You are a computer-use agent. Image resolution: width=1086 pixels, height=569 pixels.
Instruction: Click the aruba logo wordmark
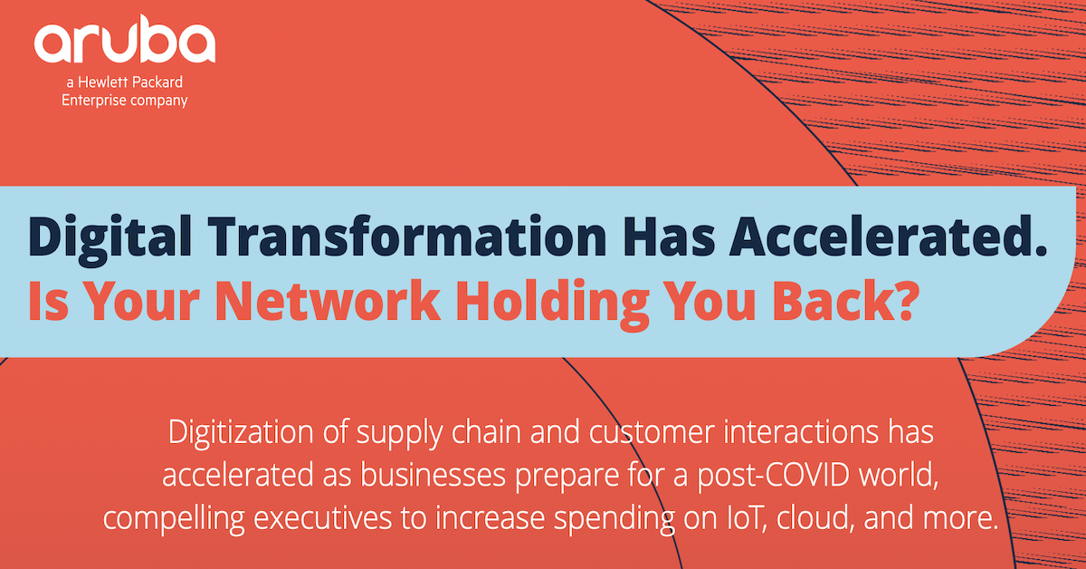(124, 43)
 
